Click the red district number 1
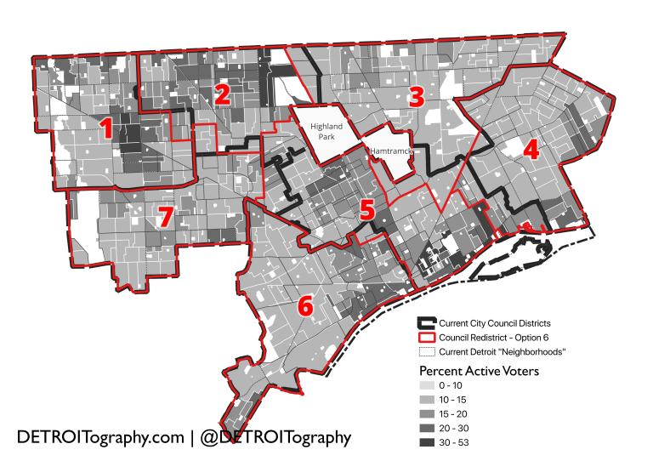107,129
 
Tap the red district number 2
222,94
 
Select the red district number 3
416,96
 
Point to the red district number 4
531,151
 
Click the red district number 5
366,208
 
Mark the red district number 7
165,216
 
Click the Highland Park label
326,131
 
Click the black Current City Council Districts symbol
426,323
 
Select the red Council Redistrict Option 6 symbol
426,338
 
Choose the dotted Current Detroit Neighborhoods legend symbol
426,351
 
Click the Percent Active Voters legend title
479,371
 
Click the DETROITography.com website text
99,437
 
